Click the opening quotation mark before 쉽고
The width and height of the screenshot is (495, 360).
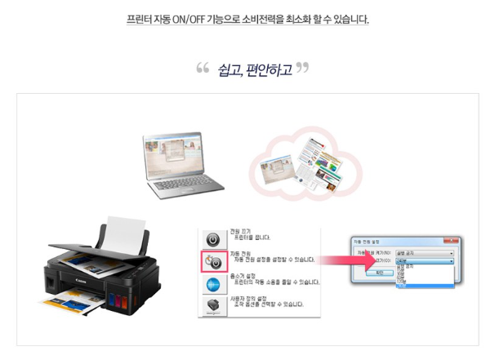coord(203,68)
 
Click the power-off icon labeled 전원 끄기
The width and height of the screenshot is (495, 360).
coord(212,239)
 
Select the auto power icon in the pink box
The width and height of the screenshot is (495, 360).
coord(212,262)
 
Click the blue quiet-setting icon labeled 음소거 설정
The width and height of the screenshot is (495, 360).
coord(212,285)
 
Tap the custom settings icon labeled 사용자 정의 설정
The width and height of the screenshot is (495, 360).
coord(212,308)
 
